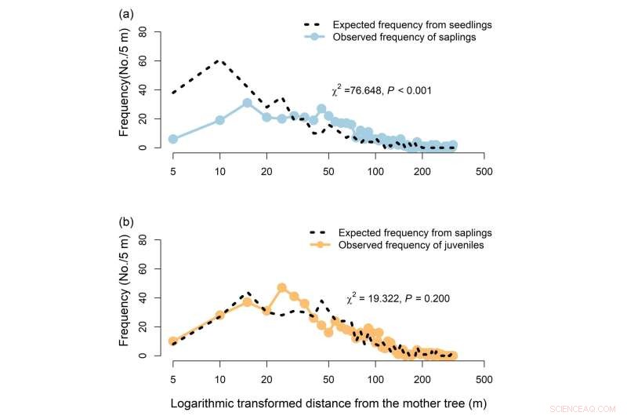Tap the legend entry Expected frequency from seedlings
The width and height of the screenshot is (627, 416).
point(405,24)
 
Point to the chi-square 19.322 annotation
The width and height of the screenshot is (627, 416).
point(395,299)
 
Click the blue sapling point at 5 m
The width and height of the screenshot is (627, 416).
point(173,139)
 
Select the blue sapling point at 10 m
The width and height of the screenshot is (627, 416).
point(220,120)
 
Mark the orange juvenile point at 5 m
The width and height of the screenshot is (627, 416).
point(173,341)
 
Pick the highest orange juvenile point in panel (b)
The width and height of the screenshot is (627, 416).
point(282,288)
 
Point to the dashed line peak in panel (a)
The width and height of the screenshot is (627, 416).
point(220,60)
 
